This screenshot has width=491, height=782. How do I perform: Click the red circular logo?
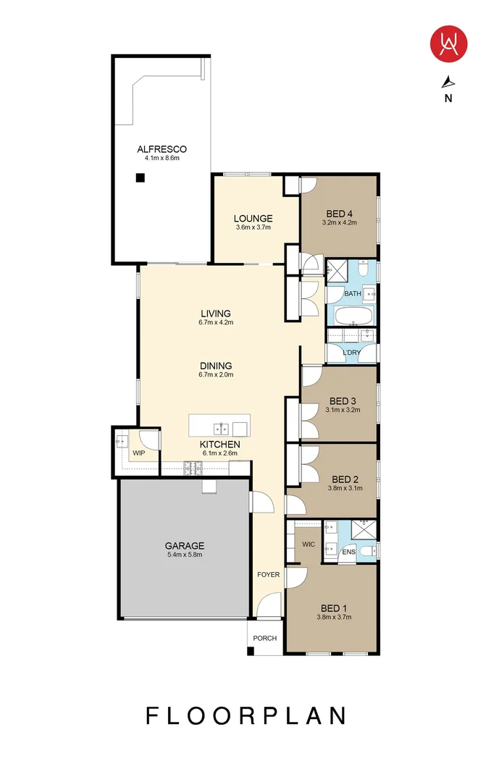pyautogui.click(x=449, y=43)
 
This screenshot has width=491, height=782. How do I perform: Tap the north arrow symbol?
pyautogui.click(x=449, y=81)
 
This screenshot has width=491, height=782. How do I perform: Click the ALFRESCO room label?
pyautogui.click(x=161, y=149)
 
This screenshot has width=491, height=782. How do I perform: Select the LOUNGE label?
pyautogui.click(x=253, y=218)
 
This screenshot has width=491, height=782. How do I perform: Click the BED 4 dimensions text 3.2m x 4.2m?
pyautogui.click(x=340, y=222)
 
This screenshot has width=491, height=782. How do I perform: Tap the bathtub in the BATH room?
pyautogui.click(x=352, y=316)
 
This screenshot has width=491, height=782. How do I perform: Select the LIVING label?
pyautogui.click(x=216, y=314)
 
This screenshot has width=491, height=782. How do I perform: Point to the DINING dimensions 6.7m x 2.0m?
pyautogui.click(x=216, y=375)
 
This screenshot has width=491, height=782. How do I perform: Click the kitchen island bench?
pyautogui.click(x=219, y=425)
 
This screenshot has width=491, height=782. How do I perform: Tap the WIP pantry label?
pyautogui.click(x=138, y=453)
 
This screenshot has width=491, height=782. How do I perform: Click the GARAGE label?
pyautogui.click(x=184, y=546)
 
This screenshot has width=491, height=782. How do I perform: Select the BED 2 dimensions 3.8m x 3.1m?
pyautogui.click(x=345, y=488)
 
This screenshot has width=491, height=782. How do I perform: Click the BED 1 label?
pyautogui.click(x=334, y=607)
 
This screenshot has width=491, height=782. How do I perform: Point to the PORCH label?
pyautogui.click(x=264, y=639)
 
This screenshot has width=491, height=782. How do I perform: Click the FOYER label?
pyautogui.click(x=268, y=574)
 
